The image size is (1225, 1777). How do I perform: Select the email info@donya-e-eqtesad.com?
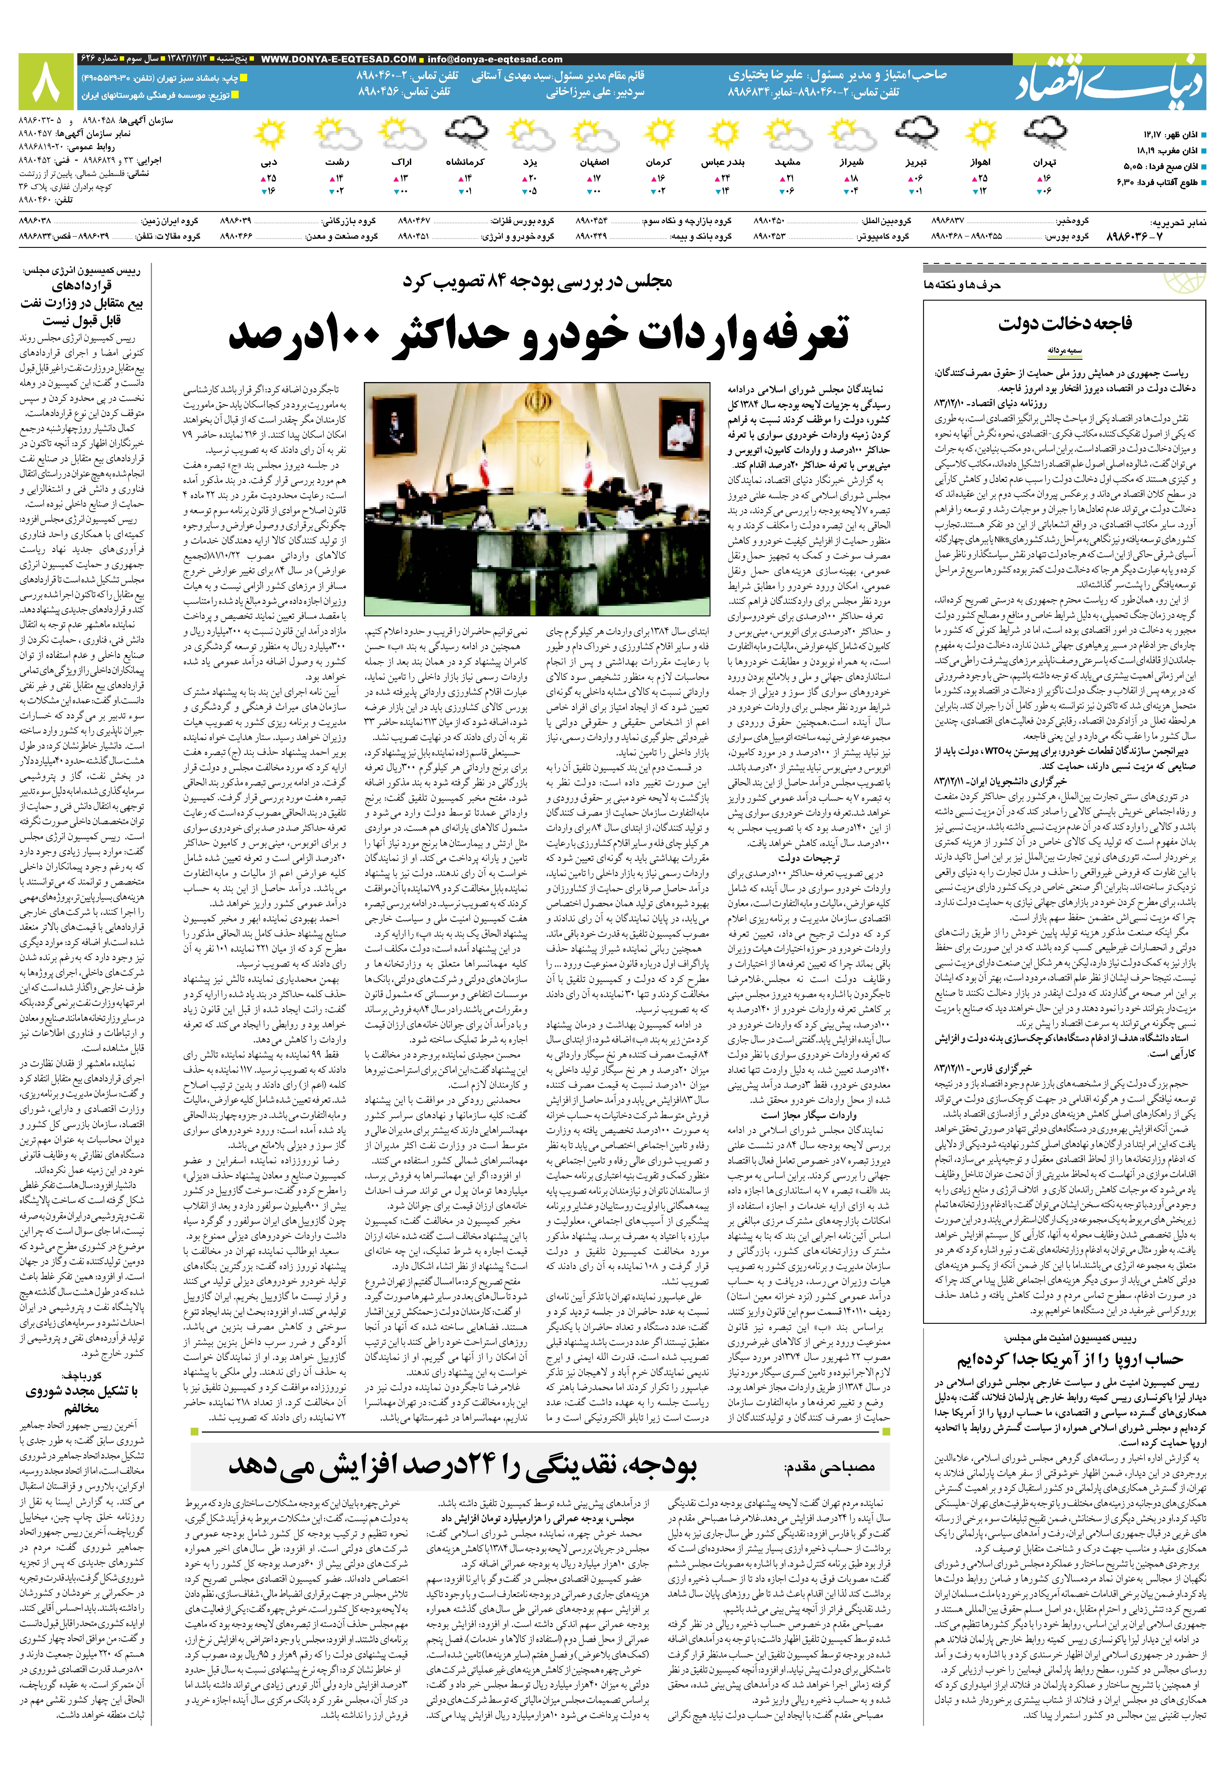(495, 59)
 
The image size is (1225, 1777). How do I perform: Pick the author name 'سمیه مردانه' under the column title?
(1065, 350)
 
